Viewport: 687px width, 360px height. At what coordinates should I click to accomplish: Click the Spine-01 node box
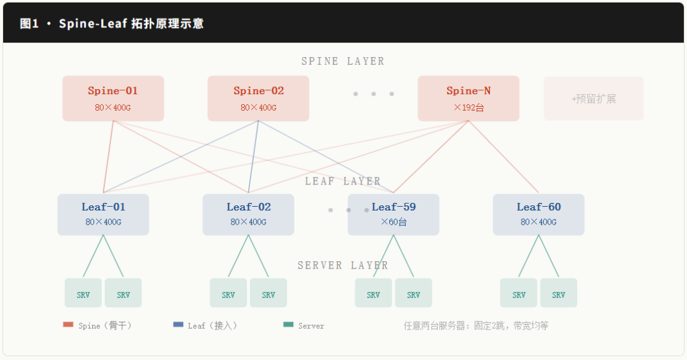coord(113,99)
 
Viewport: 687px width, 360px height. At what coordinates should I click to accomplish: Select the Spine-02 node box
coord(258,99)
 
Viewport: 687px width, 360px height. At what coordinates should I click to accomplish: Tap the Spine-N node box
coord(468,99)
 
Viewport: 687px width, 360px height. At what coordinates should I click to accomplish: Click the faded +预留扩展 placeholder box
coord(593,99)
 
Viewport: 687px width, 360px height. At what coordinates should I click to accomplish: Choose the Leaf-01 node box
coord(103,214)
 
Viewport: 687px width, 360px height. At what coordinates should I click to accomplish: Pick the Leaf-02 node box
coord(248,214)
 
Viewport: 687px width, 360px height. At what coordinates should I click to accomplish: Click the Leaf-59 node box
coord(393,214)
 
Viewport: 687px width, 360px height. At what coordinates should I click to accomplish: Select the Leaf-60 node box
coord(538,214)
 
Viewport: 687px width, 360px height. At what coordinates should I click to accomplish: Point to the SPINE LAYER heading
coord(343,62)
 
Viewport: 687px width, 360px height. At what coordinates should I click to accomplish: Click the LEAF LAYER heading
coord(343,181)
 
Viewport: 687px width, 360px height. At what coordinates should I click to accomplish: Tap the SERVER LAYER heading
coord(343,265)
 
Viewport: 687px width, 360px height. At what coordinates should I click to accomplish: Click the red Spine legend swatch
coord(68,325)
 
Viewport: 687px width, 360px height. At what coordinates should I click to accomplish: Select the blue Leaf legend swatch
coord(178,325)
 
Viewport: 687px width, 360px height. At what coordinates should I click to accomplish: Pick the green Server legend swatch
coord(288,325)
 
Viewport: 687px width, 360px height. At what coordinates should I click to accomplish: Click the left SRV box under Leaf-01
coord(83,293)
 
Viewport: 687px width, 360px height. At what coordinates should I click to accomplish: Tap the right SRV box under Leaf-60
coord(559,293)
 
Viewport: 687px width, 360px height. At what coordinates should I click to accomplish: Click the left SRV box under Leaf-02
coord(228,293)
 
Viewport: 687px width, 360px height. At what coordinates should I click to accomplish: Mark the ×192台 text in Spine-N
coord(468,107)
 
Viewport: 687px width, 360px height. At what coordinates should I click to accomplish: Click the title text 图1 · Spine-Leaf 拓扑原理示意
coord(112,24)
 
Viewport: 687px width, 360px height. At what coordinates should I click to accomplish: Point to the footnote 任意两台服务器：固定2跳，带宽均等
coord(476,326)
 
